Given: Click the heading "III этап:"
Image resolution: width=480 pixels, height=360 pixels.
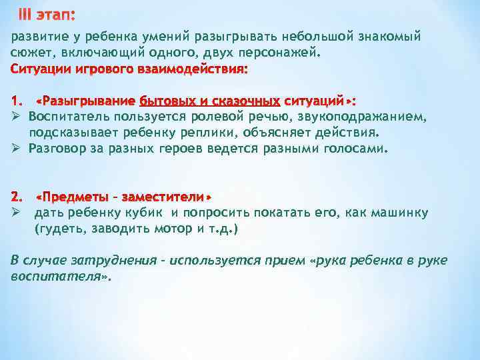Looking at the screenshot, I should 47,15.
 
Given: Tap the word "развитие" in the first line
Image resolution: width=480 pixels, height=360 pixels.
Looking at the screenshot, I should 39,36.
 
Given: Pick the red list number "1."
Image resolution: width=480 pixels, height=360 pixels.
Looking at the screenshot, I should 17,101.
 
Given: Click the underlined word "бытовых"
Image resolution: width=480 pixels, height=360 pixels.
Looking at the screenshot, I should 166,101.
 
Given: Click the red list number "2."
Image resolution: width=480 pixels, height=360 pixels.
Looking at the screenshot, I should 17,197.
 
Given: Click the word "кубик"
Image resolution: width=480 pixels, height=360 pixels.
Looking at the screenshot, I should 147,213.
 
